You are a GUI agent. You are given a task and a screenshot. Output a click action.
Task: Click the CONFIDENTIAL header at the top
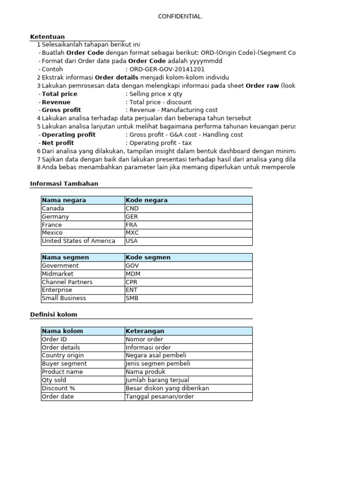(x=180, y=17)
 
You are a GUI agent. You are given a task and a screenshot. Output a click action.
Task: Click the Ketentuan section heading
(x=47, y=37)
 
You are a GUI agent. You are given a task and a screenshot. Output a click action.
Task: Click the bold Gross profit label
(x=61, y=110)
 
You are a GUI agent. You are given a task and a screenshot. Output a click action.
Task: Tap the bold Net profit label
(x=58, y=143)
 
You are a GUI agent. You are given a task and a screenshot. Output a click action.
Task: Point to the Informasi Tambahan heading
(x=64, y=184)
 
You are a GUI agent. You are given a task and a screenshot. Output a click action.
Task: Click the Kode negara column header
(x=146, y=200)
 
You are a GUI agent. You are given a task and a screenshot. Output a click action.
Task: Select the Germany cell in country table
(x=55, y=217)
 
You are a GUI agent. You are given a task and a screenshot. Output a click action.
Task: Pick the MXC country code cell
(x=133, y=233)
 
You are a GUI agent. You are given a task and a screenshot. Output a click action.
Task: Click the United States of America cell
(x=78, y=241)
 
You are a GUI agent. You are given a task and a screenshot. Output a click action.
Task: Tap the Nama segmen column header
(x=65, y=257)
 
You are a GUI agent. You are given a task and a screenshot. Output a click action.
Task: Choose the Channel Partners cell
(x=67, y=282)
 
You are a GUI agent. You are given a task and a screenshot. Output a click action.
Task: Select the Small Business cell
(x=64, y=298)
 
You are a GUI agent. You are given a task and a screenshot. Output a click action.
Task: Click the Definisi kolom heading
(x=53, y=315)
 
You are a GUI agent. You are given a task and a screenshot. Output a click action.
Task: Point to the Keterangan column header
(x=145, y=331)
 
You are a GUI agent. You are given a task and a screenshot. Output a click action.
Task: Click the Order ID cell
(x=54, y=339)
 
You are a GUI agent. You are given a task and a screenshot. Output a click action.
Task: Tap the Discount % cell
(x=59, y=389)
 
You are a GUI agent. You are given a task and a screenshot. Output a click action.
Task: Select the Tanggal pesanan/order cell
(x=159, y=397)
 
